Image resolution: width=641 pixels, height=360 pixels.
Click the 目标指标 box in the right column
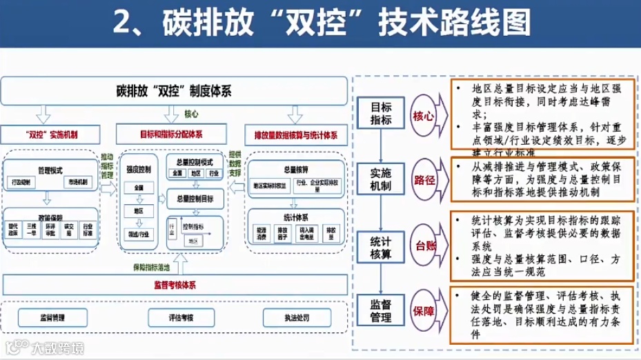click(381, 114)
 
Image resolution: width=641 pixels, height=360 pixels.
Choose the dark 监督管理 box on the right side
click(381, 310)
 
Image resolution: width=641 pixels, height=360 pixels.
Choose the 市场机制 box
click(77, 182)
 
